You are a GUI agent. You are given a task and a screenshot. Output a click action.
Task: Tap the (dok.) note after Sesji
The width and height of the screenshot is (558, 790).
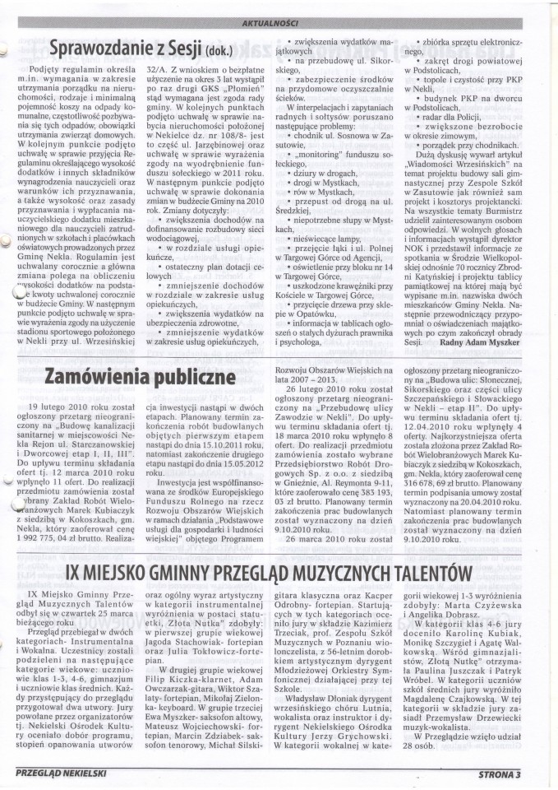pyautogui.click(x=239, y=53)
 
